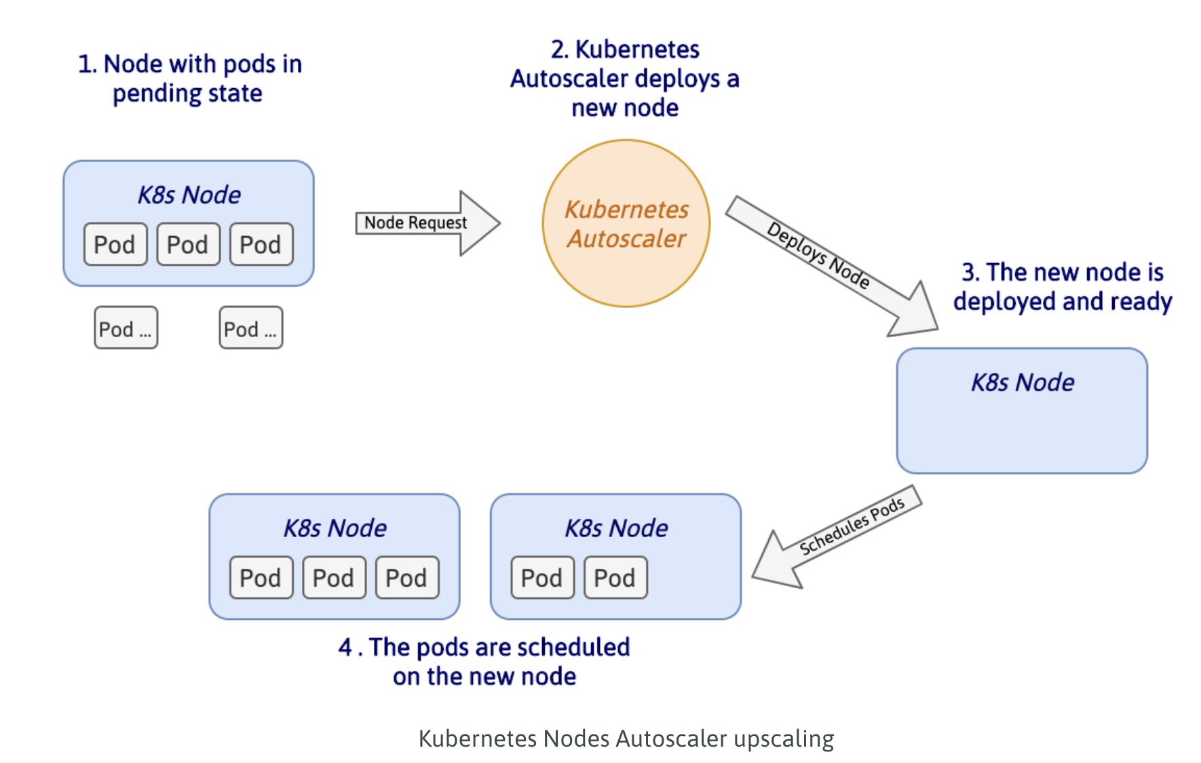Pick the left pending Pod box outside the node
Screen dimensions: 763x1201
click(x=126, y=328)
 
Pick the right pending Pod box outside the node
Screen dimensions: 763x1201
click(x=250, y=328)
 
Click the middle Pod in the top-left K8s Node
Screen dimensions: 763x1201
click(x=188, y=244)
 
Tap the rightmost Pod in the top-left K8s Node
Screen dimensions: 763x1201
click(x=261, y=244)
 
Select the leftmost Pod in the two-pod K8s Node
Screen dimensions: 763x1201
click(x=542, y=578)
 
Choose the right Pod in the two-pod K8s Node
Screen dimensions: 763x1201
click(x=615, y=578)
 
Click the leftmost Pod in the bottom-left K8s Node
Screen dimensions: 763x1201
click(x=261, y=578)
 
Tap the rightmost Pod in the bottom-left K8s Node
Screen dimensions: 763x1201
click(x=406, y=578)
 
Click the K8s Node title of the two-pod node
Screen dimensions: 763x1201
click(x=616, y=528)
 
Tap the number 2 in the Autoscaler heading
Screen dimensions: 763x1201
click(x=558, y=50)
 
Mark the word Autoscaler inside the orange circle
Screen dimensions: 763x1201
click(x=626, y=239)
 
